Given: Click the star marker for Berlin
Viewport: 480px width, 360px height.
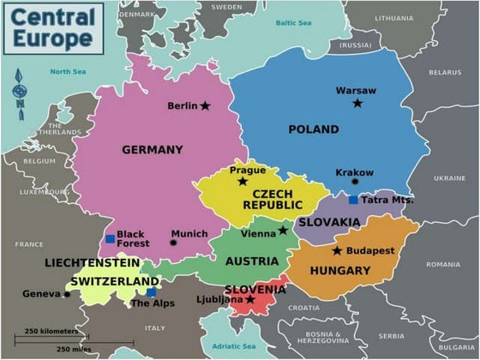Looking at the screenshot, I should (205, 106).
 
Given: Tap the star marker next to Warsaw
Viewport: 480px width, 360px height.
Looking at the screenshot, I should (357, 103).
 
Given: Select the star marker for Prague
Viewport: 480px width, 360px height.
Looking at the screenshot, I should (243, 182).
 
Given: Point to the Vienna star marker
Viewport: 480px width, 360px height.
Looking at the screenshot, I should (283, 230).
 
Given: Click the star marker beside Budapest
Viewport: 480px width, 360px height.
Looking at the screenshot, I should (337, 251).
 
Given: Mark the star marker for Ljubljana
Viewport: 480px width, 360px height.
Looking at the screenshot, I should (250, 300).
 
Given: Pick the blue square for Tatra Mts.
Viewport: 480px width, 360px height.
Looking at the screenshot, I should (353, 200).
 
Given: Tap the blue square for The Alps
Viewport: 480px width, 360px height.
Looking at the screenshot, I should (152, 292).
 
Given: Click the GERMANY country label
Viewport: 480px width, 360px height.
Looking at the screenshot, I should (153, 150).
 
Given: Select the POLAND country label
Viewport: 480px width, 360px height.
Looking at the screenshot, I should (313, 129).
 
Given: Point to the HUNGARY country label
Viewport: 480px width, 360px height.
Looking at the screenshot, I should (340, 271).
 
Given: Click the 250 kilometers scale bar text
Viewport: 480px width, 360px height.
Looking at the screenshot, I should (51, 331).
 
